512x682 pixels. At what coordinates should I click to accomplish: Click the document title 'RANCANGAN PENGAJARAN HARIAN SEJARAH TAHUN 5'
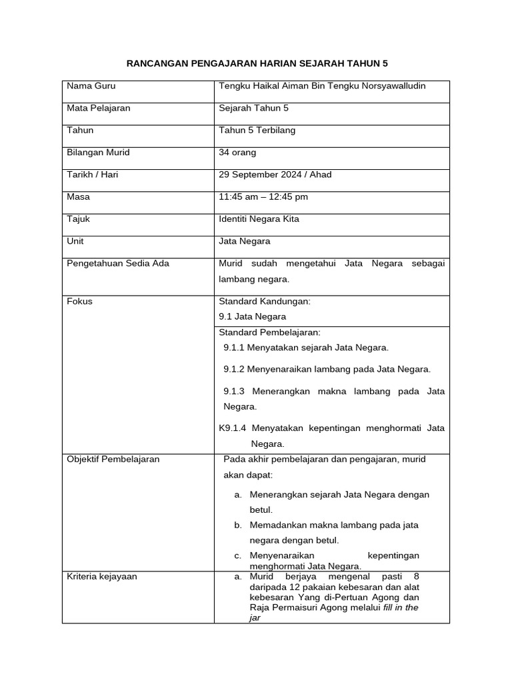click(257, 63)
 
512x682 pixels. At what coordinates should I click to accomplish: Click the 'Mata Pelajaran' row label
click(99, 108)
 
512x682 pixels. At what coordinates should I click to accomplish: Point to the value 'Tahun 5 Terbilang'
click(257, 130)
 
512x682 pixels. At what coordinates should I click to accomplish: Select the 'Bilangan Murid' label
click(99, 153)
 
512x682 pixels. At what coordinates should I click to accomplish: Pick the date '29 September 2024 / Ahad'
click(275, 174)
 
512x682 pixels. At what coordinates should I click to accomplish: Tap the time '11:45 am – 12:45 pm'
click(263, 196)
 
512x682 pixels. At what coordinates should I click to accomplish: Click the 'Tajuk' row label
click(79, 218)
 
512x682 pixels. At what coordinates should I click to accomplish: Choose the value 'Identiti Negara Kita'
click(259, 218)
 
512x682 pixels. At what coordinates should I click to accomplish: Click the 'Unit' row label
click(75, 241)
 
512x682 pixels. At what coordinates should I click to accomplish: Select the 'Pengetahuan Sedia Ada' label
click(118, 263)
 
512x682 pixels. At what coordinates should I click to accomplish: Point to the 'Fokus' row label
click(80, 301)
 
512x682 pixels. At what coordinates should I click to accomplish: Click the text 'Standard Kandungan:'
click(265, 301)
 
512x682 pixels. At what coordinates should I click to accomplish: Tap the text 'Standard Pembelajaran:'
click(269, 332)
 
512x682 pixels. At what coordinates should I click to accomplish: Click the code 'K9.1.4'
click(233, 428)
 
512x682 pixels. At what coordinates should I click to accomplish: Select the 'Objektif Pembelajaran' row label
click(113, 460)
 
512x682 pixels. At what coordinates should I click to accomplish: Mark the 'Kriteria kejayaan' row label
click(102, 576)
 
